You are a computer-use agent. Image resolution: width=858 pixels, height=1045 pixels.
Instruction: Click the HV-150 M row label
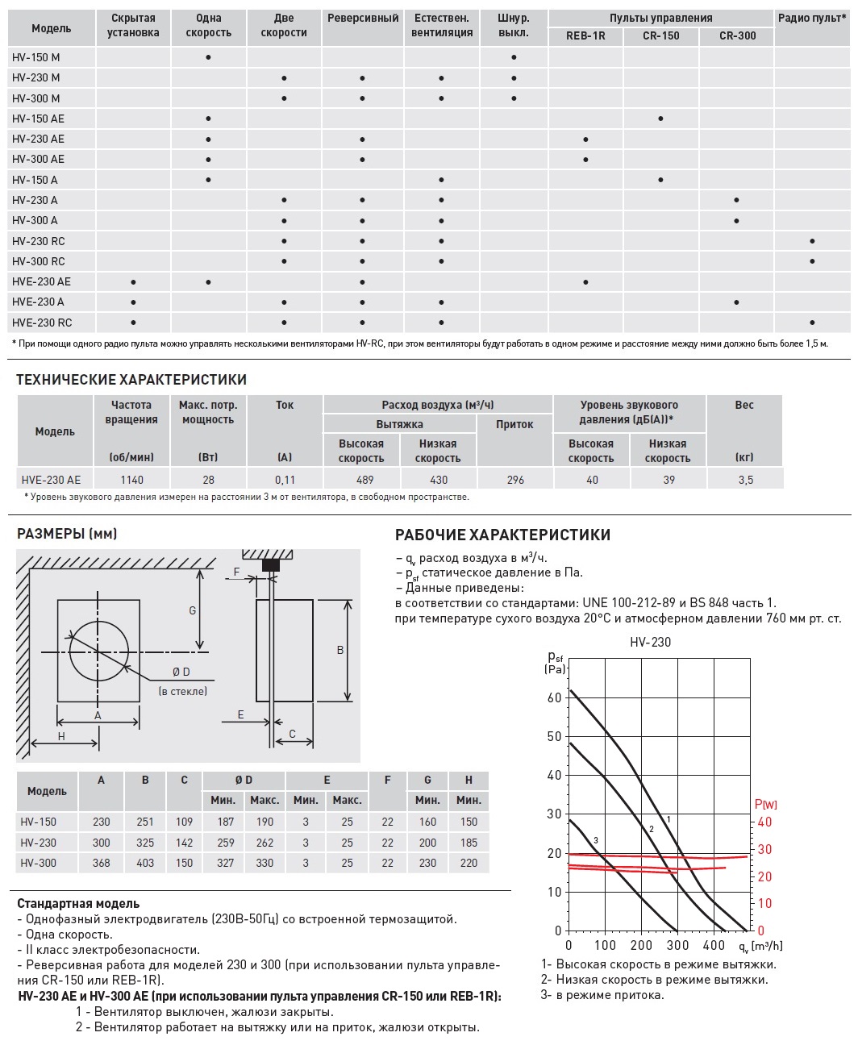36,57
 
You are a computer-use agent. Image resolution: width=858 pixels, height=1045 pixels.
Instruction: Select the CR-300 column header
737,35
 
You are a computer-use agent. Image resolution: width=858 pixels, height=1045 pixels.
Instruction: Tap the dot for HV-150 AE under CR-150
660,119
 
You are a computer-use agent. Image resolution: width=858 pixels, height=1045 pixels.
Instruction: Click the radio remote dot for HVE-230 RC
812,323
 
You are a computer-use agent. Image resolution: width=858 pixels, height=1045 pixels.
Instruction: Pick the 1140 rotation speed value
131,480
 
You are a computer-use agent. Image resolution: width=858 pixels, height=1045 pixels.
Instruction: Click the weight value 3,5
745,480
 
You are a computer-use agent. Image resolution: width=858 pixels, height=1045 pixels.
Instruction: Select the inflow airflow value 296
515,480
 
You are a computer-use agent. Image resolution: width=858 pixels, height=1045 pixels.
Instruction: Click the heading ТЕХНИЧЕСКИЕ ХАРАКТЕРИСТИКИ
131,380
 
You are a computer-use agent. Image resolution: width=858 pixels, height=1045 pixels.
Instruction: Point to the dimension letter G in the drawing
193,610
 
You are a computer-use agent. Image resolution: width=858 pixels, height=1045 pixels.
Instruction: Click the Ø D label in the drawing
181,672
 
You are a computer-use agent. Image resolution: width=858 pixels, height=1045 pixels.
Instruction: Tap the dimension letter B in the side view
340,650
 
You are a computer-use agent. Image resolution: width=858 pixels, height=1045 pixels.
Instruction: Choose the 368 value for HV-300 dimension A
101,863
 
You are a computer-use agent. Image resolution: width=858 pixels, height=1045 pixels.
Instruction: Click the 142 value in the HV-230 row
184,843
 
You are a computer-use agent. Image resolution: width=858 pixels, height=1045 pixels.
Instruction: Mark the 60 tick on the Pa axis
554,698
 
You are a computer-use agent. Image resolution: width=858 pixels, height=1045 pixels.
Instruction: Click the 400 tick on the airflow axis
714,945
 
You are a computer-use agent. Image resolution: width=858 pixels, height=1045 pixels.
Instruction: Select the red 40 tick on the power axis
764,822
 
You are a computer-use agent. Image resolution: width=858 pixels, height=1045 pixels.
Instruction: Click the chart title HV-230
650,643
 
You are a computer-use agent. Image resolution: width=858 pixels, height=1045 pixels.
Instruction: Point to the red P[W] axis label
765,804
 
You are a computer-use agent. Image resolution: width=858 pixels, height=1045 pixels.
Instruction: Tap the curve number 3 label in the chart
596,841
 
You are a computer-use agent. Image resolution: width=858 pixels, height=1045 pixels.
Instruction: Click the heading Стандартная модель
78,904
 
